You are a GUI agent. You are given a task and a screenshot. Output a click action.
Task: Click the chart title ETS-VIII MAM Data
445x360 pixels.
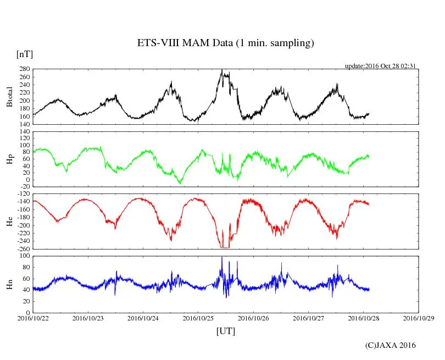(x=225, y=43)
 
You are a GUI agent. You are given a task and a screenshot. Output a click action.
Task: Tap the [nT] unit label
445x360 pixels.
(x=24, y=54)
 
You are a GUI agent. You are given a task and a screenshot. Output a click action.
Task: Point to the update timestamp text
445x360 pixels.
(x=380, y=66)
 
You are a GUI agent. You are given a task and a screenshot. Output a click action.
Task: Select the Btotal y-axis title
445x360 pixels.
(x=9, y=97)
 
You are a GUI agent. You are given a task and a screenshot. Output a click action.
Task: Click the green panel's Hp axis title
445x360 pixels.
(x=9, y=159)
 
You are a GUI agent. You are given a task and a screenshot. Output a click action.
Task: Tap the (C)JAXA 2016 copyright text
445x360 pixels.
(x=390, y=345)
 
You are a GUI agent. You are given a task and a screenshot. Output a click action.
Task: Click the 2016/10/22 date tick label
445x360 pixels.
(x=33, y=318)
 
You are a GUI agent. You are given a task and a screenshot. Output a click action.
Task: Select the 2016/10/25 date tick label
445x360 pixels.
(x=198, y=318)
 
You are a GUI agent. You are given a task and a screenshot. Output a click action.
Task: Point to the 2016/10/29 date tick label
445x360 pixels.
(x=419, y=318)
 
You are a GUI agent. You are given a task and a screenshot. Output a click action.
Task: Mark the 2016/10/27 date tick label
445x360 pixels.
(x=308, y=318)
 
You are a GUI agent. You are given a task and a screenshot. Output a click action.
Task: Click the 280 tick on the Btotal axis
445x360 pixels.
(x=24, y=69)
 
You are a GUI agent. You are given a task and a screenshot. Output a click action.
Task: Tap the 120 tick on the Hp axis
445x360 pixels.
(x=24, y=131)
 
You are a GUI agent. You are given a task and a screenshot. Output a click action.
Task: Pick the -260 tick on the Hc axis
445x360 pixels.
(x=22, y=248)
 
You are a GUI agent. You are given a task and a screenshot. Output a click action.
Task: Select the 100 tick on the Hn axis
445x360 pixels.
(x=24, y=256)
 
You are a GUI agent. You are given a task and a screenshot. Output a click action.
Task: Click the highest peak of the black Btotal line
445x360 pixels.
(x=221, y=70)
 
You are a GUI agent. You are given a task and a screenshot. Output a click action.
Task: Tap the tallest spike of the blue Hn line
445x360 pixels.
(x=221, y=257)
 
